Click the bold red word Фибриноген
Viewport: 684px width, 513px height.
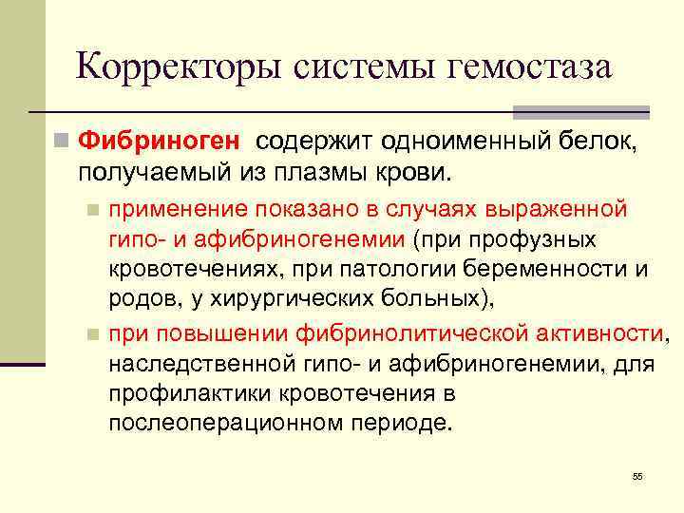click(x=161, y=142)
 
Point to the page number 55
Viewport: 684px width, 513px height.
click(x=637, y=475)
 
